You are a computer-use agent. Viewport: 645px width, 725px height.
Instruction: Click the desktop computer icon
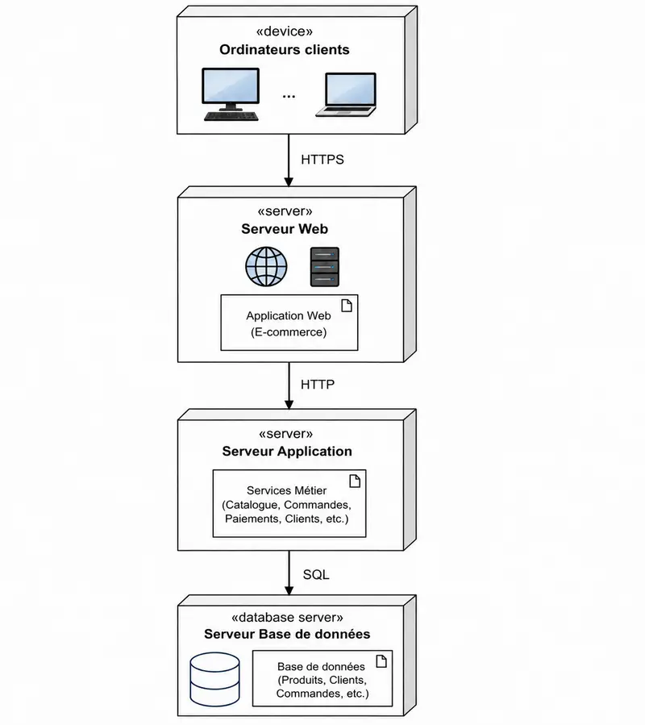click(231, 95)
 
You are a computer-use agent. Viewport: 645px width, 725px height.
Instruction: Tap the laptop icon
click(347, 95)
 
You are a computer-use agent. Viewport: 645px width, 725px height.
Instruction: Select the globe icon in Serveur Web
click(266, 267)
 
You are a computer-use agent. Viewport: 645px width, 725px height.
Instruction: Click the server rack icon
click(325, 267)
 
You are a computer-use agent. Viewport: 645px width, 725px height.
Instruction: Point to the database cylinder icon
click(215, 679)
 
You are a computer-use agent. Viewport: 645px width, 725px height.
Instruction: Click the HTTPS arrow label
click(322, 160)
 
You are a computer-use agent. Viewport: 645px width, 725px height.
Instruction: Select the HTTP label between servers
click(317, 384)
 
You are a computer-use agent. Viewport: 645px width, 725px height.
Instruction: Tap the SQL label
click(316, 574)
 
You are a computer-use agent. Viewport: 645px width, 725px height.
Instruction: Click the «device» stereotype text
click(285, 31)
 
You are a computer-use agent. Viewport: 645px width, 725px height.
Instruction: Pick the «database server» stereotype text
click(287, 617)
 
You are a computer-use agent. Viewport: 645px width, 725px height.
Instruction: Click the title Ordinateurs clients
click(285, 49)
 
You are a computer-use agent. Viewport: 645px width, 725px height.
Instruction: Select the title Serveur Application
click(287, 452)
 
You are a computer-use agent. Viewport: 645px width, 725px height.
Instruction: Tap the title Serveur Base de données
click(287, 634)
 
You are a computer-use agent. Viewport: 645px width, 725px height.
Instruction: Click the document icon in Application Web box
click(347, 306)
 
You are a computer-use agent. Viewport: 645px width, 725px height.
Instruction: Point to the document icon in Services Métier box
click(355, 481)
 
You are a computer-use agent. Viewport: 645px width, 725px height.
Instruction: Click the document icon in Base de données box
click(381, 661)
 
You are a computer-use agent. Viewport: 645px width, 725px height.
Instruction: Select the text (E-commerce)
click(289, 332)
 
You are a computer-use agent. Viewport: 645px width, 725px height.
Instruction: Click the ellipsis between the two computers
click(289, 97)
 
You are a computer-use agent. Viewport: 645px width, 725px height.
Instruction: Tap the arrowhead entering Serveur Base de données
click(289, 591)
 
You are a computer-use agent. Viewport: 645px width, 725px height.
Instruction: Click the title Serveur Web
click(285, 229)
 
